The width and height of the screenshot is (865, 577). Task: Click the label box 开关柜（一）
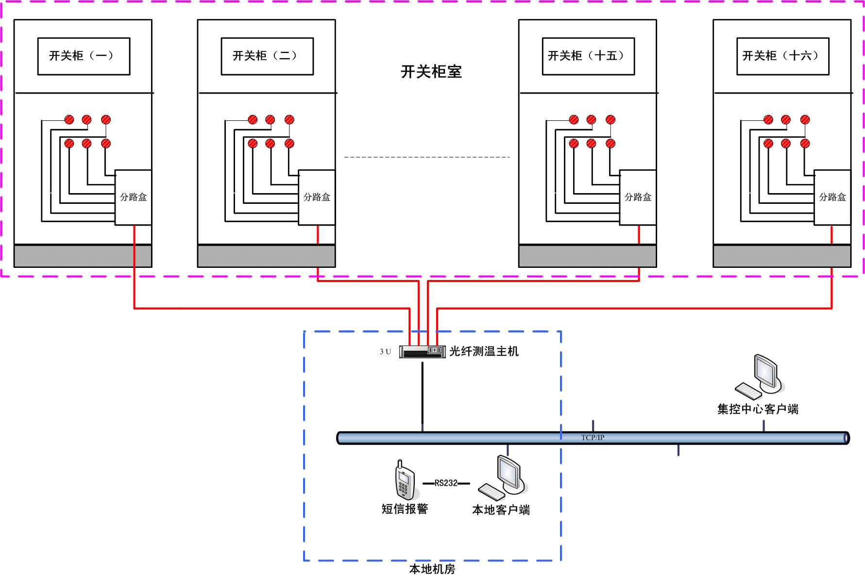pos(84,56)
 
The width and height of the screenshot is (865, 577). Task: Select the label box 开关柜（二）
pos(267,56)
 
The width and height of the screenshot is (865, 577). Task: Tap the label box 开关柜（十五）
pos(588,56)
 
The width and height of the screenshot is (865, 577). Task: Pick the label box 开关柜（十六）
pos(782,56)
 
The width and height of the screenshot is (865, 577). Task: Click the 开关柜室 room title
pos(431,72)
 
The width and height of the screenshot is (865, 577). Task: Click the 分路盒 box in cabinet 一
pos(133,197)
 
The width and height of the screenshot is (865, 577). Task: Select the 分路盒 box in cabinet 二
pos(317,197)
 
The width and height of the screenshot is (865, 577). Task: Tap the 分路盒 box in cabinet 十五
pos(638,197)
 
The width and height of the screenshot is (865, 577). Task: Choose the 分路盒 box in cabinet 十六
pos(832,197)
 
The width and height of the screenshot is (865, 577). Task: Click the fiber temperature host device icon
pos(422,351)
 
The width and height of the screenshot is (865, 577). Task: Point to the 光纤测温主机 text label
pos(484,351)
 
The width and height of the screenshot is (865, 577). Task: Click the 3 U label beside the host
pos(385,351)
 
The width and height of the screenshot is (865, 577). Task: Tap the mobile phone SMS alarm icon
pos(404,481)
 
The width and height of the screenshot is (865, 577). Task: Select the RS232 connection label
pos(446,483)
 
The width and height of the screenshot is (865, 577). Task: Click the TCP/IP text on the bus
pos(593,438)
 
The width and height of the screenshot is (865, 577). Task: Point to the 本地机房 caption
pos(432,569)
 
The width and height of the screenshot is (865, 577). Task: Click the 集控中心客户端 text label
pos(758,409)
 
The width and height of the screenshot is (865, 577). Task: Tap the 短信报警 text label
pos(405,509)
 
